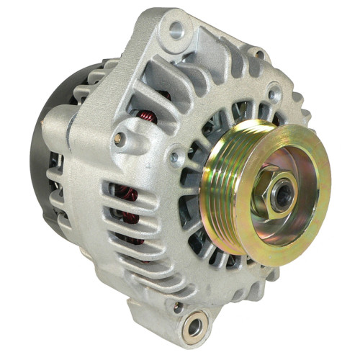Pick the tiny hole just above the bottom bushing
pyautogui.click(x=177, y=307)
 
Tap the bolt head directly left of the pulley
pyautogui.click(x=174, y=156)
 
